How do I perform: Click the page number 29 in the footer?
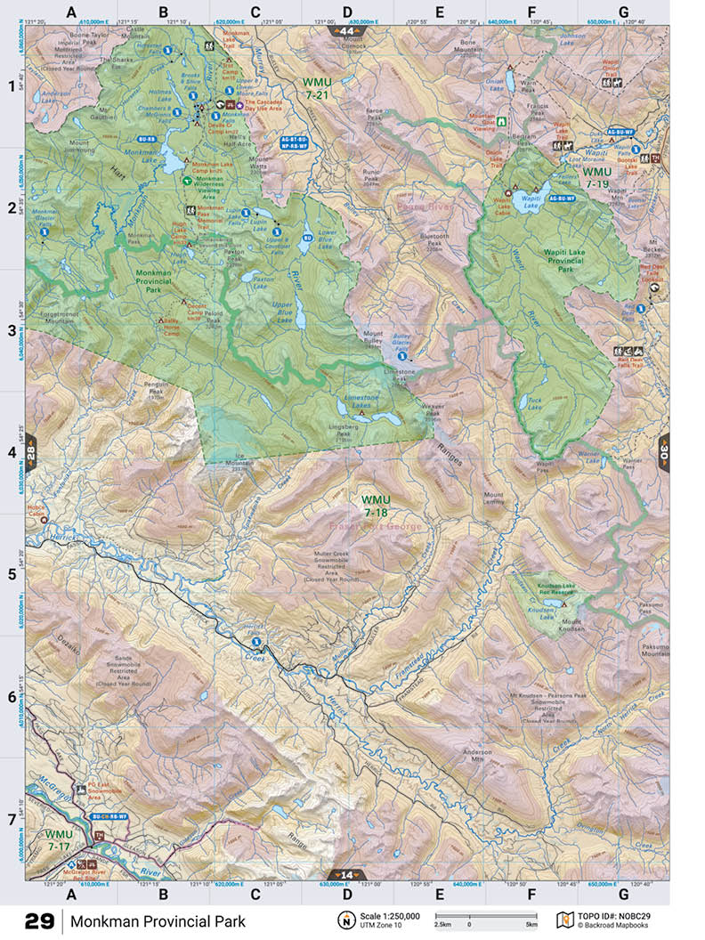point(39,920)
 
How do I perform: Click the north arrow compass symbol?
point(344,920)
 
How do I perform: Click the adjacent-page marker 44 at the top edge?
point(347,31)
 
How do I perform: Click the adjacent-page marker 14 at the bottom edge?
point(347,874)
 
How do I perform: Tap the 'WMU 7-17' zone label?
point(59,839)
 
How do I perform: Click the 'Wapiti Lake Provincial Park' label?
point(572,258)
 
